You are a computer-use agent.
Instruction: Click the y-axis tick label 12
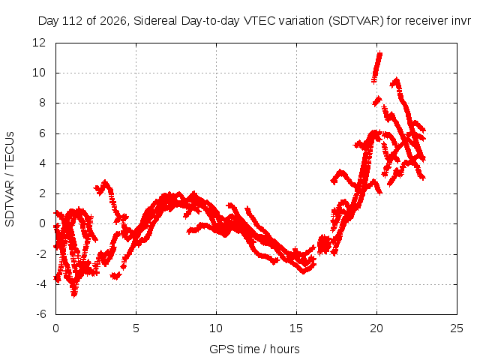tap(39, 43)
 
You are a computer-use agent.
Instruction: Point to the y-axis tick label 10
tap(39, 73)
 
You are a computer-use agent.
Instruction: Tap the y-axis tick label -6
tap(41, 314)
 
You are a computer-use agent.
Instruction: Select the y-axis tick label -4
tap(41, 284)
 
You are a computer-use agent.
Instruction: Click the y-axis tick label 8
tap(42, 103)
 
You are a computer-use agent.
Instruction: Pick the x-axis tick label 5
tap(136, 328)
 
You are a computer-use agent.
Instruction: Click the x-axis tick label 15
tap(296, 328)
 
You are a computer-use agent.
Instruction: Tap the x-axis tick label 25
tap(457, 328)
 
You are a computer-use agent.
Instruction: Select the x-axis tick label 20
tap(376, 328)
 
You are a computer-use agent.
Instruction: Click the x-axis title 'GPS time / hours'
tap(254, 349)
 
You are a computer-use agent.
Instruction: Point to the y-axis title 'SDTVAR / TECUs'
tap(10, 179)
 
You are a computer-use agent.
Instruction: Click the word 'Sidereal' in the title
tap(155, 21)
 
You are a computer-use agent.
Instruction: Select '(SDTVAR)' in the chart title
tap(356, 21)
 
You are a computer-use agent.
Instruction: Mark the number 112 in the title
tap(72, 21)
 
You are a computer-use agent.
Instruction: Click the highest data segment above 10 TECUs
tap(376, 67)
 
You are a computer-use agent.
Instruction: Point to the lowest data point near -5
tap(74, 295)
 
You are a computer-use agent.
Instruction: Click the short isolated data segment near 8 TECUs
tap(377, 101)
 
